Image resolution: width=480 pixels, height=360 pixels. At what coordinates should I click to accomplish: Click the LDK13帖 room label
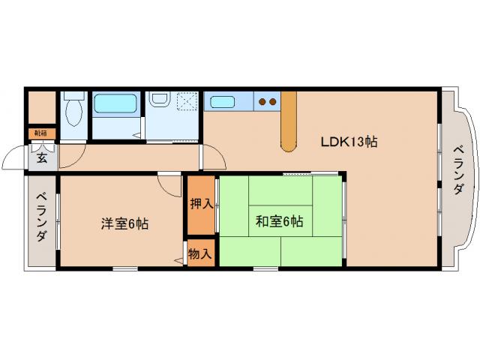pyautogui.click(x=349, y=142)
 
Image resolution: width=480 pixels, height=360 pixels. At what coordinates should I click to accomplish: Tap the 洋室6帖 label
pyautogui.click(x=125, y=223)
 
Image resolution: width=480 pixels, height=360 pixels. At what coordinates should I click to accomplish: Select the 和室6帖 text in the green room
pyautogui.click(x=279, y=221)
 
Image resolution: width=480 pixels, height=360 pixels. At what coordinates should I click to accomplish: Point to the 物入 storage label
pyautogui.click(x=201, y=253)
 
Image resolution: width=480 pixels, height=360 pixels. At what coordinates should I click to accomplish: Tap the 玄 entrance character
pyautogui.click(x=42, y=158)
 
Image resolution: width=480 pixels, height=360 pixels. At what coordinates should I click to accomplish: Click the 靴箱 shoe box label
pyautogui.click(x=40, y=133)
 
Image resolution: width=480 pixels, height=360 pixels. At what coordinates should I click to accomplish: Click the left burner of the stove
pyautogui.click(x=263, y=100)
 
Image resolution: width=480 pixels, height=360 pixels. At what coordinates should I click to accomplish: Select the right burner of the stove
pyautogui.click(x=274, y=100)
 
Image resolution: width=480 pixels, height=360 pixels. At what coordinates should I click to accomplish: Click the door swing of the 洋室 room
pyautogui.click(x=169, y=184)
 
